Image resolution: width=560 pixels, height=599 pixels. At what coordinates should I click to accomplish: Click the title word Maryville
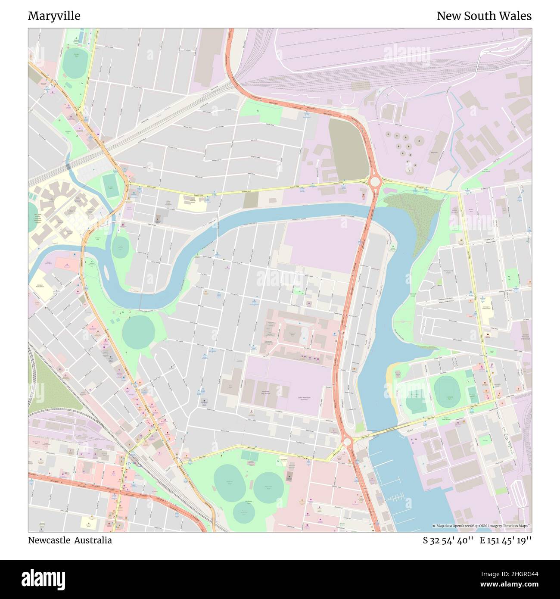point(54,16)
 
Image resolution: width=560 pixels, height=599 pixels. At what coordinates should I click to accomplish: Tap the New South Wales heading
point(484,16)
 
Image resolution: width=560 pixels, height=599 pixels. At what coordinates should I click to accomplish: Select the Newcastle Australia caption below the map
point(70,540)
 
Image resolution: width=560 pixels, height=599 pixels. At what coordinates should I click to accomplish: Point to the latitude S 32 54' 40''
point(448,540)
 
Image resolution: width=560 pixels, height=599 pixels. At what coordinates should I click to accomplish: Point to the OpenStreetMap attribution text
point(481,526)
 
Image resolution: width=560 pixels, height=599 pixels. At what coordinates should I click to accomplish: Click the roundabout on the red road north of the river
point(375,182)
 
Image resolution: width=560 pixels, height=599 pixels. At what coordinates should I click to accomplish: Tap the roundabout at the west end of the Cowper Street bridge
point(347,442)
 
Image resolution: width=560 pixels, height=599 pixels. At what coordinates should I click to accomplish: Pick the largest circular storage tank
point(419,140)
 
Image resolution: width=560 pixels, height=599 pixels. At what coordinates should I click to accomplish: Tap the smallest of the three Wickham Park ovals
point(243,511)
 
